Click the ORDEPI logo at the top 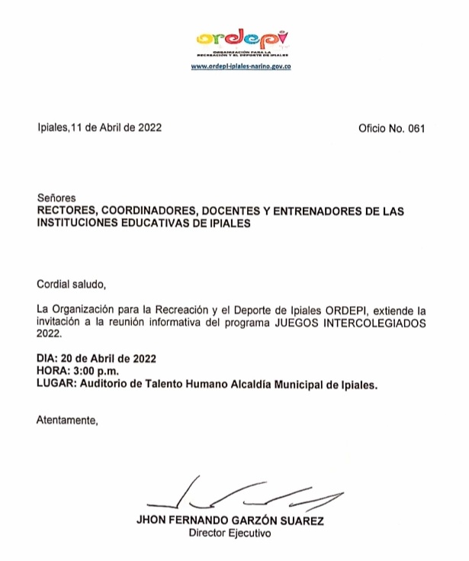tap(241, 38)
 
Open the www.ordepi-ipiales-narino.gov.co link tap(241, 66)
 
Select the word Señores tap(56, 198)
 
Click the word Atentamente tap(67, 421)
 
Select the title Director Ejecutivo tap(229, 534)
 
